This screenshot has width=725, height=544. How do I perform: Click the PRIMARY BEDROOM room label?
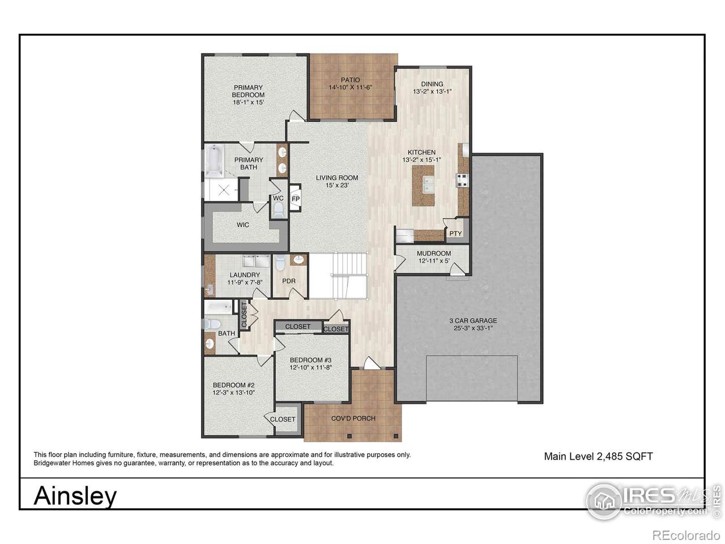(x=248, y=91)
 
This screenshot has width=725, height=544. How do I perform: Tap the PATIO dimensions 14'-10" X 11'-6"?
(x=351, y=87)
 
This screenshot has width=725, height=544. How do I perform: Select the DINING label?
(x=432, y=84)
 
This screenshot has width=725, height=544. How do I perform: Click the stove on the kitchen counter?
(x=462, y=180)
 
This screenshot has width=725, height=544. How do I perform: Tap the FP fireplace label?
(x=296, y=199)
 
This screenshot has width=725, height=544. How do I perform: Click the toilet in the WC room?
(x=279, y=210)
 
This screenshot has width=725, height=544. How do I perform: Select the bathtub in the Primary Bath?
(x=214, y=161)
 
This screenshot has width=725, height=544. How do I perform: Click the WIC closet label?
(x=243, y=225)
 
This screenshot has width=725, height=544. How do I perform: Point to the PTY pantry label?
(x=455, y=233)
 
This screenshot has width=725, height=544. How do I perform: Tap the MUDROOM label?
(x=434, y=253)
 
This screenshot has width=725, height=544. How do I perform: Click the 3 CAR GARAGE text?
(x=473, y=320)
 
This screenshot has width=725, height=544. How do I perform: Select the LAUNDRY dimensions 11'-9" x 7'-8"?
(x=245, y=282)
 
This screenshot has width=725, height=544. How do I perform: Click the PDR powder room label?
(x=289, y=281)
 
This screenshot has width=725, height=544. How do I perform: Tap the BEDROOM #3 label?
(x=310, y=360)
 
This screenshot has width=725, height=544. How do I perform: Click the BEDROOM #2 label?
(x=233, y=385)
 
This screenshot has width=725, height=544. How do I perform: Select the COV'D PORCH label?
(x=353, y=419)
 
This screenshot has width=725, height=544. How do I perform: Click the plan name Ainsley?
(x=75, y=496)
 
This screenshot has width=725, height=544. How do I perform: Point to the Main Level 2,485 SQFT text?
(x=599, y=457)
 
